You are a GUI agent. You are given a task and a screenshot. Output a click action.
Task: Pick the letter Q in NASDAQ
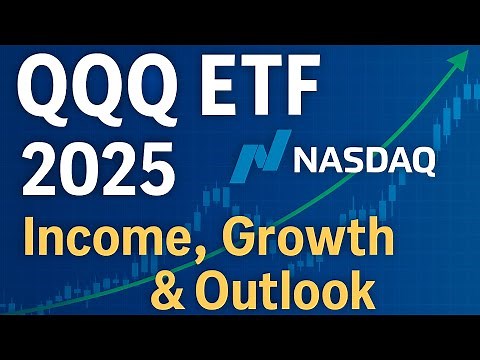click(419, 160)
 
